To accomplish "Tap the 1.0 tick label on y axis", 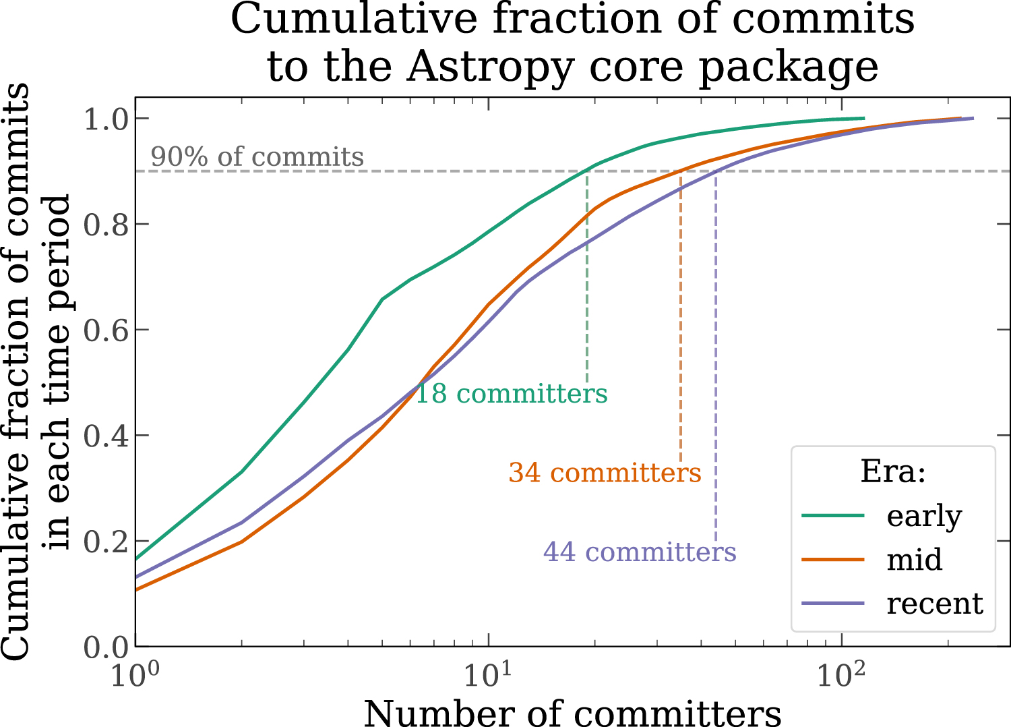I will tap(106, 119).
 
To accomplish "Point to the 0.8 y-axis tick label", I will tap(106, 225).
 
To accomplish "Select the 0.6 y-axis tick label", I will tap(106, 330).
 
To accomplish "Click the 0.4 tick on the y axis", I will tap(106, 436).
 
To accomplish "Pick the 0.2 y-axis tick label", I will tap(106, 542).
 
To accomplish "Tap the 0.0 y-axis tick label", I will tap(106, 647).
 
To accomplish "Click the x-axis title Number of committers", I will tap(572, 712).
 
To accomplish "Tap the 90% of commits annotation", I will tap(257, 156).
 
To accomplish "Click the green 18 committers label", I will tap(511, 394).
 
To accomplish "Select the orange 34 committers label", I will tap(605, 473).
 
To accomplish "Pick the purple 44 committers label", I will tap(640, 552).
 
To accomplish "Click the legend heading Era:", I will tap(893, 471).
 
